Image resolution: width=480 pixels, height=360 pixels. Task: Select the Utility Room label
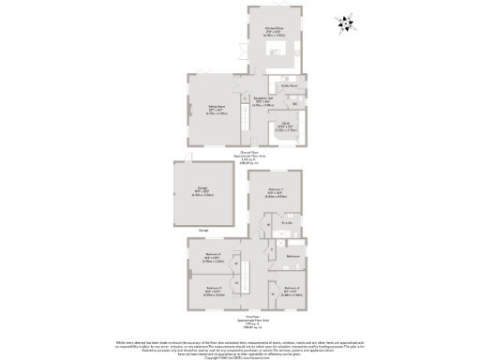click(289, 85)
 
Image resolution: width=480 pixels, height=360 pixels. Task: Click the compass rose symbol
click(346, 25)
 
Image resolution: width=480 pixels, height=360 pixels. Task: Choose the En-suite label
click(287, 223)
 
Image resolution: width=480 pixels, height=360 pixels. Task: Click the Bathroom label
click(292, 255)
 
